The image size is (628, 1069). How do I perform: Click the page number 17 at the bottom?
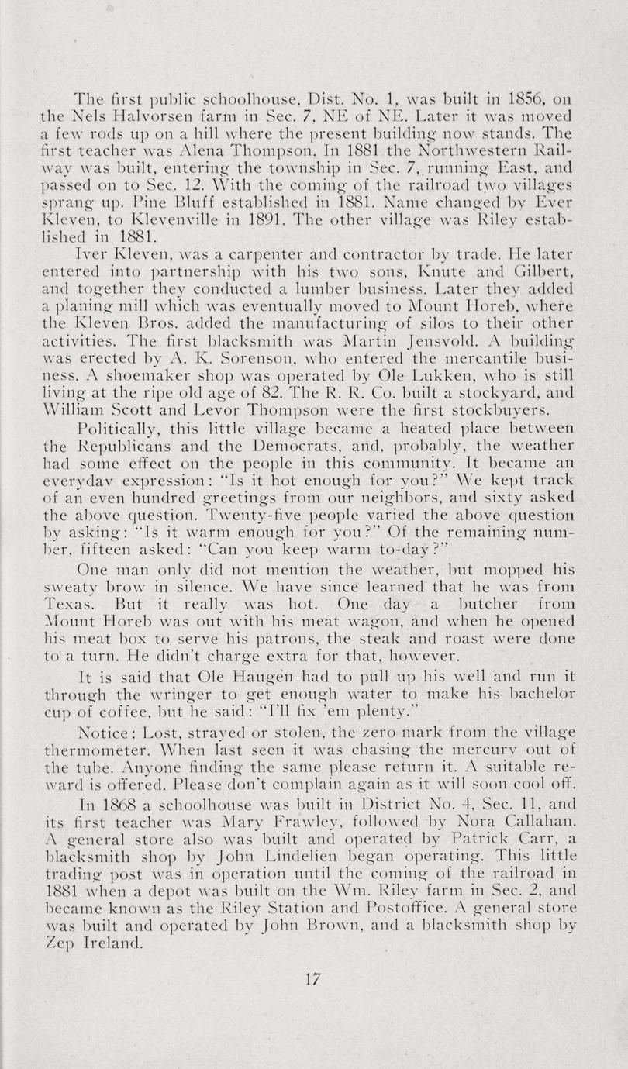(312, 978)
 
